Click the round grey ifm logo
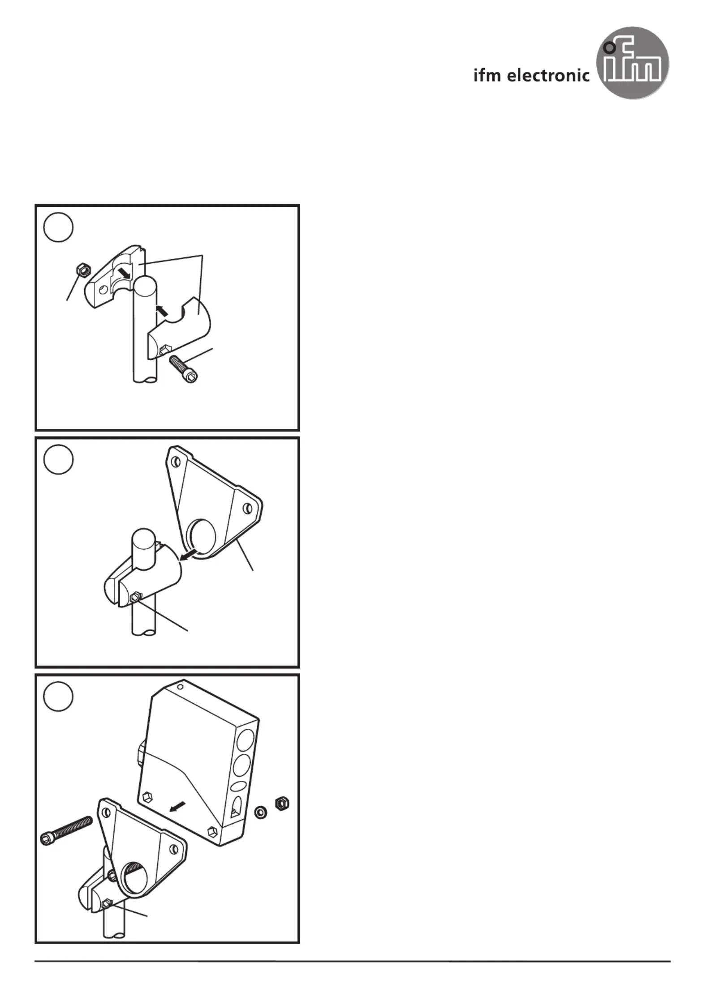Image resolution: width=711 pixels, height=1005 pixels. pos(632,63)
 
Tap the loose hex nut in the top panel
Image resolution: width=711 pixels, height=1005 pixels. pos(83,269)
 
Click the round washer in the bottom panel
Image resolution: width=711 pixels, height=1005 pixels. pos(260,812)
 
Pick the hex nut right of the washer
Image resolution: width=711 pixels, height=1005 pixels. pos(281,804)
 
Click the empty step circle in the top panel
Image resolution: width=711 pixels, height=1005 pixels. pos(58,227)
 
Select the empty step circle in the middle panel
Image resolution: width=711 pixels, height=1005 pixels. pos(58,459)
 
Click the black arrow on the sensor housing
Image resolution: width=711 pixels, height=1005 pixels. pos(177,807)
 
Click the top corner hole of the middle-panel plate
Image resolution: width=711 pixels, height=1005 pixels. pos(176,462)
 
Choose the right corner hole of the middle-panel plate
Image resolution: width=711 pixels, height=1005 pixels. pos(247,509)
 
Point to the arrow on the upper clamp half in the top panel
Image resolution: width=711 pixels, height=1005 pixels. pos(125,272)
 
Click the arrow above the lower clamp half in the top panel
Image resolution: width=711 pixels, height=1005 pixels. pos(162,309)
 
